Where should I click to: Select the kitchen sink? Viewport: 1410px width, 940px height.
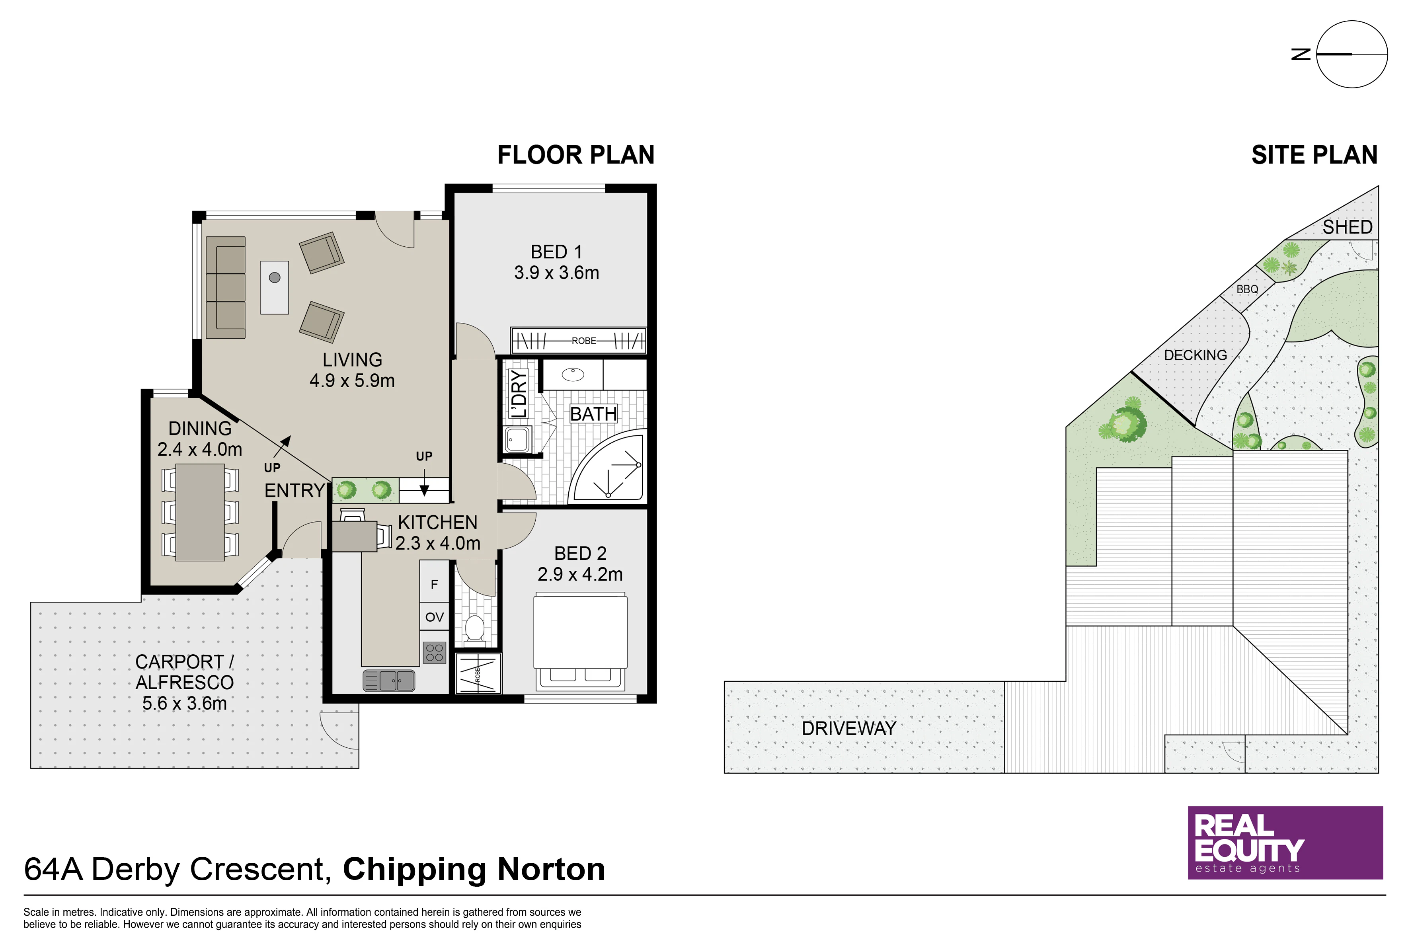coord(388,681)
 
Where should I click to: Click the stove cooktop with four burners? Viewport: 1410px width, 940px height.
coord(435,653)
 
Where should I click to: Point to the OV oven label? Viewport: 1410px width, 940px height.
coord(435,617)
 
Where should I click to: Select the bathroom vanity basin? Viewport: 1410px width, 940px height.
coord(573,374)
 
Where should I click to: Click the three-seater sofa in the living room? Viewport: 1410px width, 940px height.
coord(225,287)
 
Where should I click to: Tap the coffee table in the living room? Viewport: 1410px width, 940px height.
coord(275,287)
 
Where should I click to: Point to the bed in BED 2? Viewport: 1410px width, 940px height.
coord(580,642)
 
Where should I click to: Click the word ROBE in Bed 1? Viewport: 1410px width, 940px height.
coord(584,341)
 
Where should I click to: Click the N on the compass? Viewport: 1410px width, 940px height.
coord(1301,55)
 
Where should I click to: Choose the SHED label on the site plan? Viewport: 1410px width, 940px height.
coord(1348,227)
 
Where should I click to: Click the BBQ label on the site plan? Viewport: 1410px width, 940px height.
coord(1248,289)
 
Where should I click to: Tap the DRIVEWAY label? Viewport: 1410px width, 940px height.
coord(849,728)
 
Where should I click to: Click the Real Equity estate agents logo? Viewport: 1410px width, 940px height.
coord(1285,843)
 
